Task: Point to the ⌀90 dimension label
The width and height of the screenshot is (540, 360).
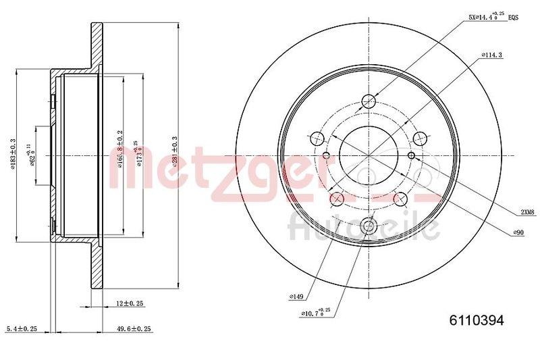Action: pos(519,232)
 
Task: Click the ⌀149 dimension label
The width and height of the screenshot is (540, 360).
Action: pos(295,296)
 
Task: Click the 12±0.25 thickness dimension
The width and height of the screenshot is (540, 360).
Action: pos(131,304)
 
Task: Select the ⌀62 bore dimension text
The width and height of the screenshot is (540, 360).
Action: pos(31,154)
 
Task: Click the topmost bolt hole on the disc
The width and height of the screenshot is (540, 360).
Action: pos(369,102)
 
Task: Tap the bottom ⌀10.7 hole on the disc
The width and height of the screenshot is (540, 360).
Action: pos(369,227)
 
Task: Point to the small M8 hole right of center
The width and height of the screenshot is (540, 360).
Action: pos(410,157)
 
